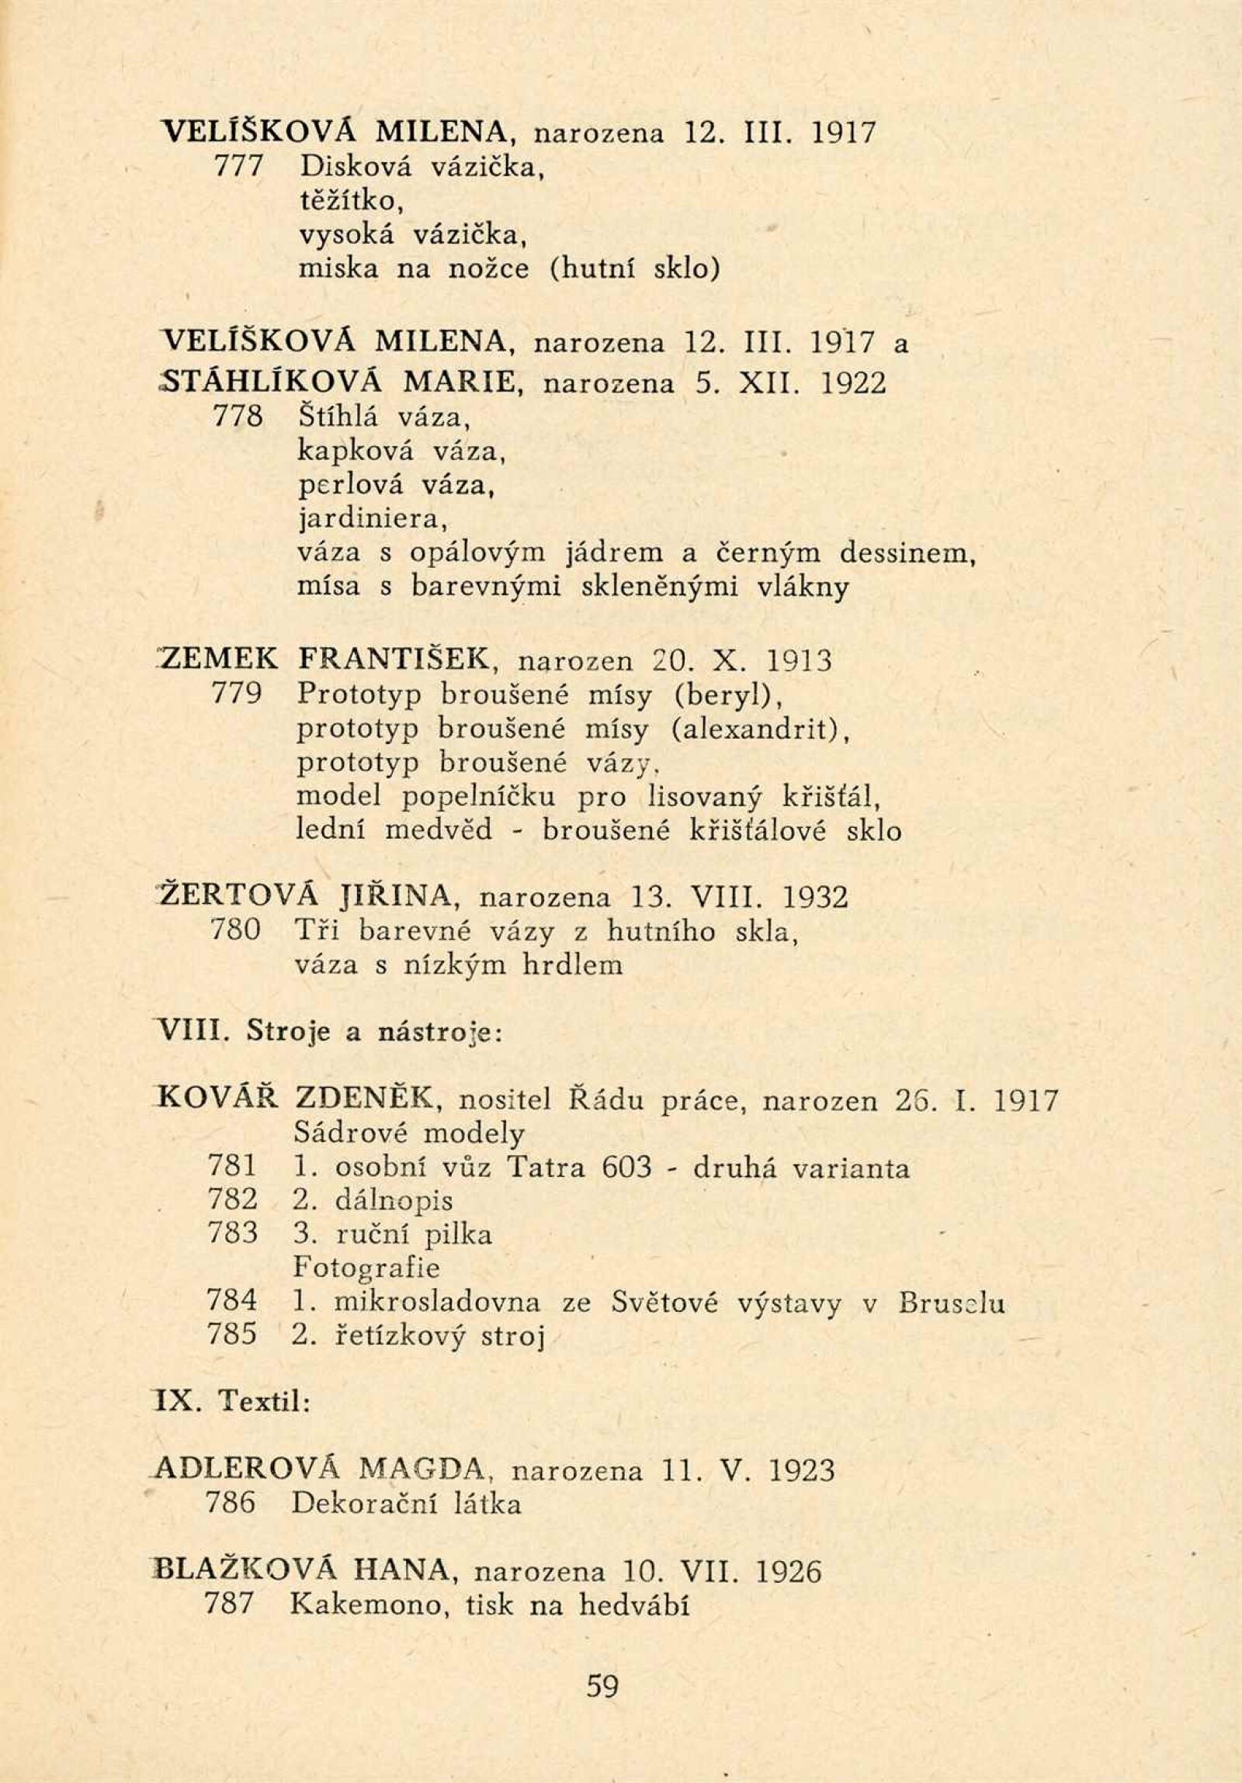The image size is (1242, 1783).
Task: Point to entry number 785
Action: pos(232,1334)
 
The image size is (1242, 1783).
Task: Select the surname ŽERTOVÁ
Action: pos(238,897)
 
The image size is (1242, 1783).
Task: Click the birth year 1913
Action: pos(800,662)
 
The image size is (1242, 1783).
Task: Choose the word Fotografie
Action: pos(366,1268)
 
